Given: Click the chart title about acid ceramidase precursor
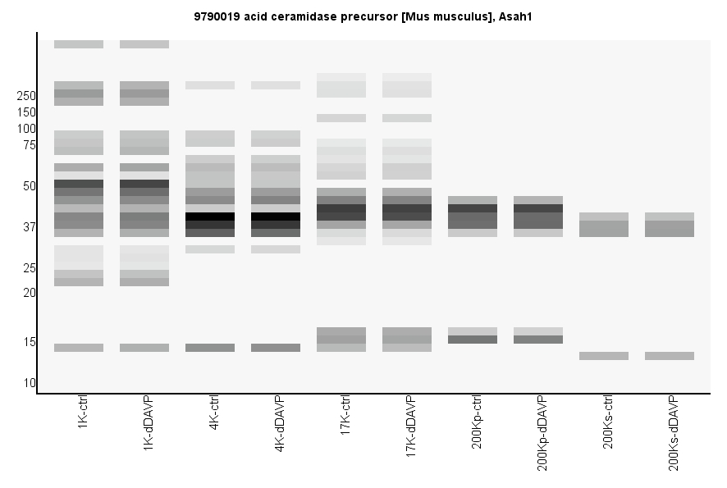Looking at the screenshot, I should click(x=363, y=16).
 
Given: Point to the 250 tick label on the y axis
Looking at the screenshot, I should click(x=26, y=96).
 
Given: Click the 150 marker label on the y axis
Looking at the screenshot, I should click(x=26, y=112).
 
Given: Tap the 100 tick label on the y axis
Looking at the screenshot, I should click(x=26, y=129).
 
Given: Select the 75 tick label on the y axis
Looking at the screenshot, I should click(x=30, y=145).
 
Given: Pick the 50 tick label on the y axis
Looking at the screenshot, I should click(x=30, y=186).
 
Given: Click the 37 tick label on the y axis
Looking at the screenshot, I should click(x=30, y=227).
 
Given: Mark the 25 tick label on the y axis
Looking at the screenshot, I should click(x=30, y=268).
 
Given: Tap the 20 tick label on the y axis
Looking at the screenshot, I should click(x=30, y=293).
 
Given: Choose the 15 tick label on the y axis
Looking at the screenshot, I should click(x=30, y=342).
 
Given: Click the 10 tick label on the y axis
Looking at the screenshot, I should click(x=30, y=383).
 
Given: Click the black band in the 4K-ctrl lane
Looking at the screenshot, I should click(x=210, y=217).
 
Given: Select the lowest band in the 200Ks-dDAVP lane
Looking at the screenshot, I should click(x=670, y=356).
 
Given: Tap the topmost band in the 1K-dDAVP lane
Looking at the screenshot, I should click(x=144, y=44).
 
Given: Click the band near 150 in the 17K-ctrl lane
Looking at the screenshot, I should click(x=341, y=118).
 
